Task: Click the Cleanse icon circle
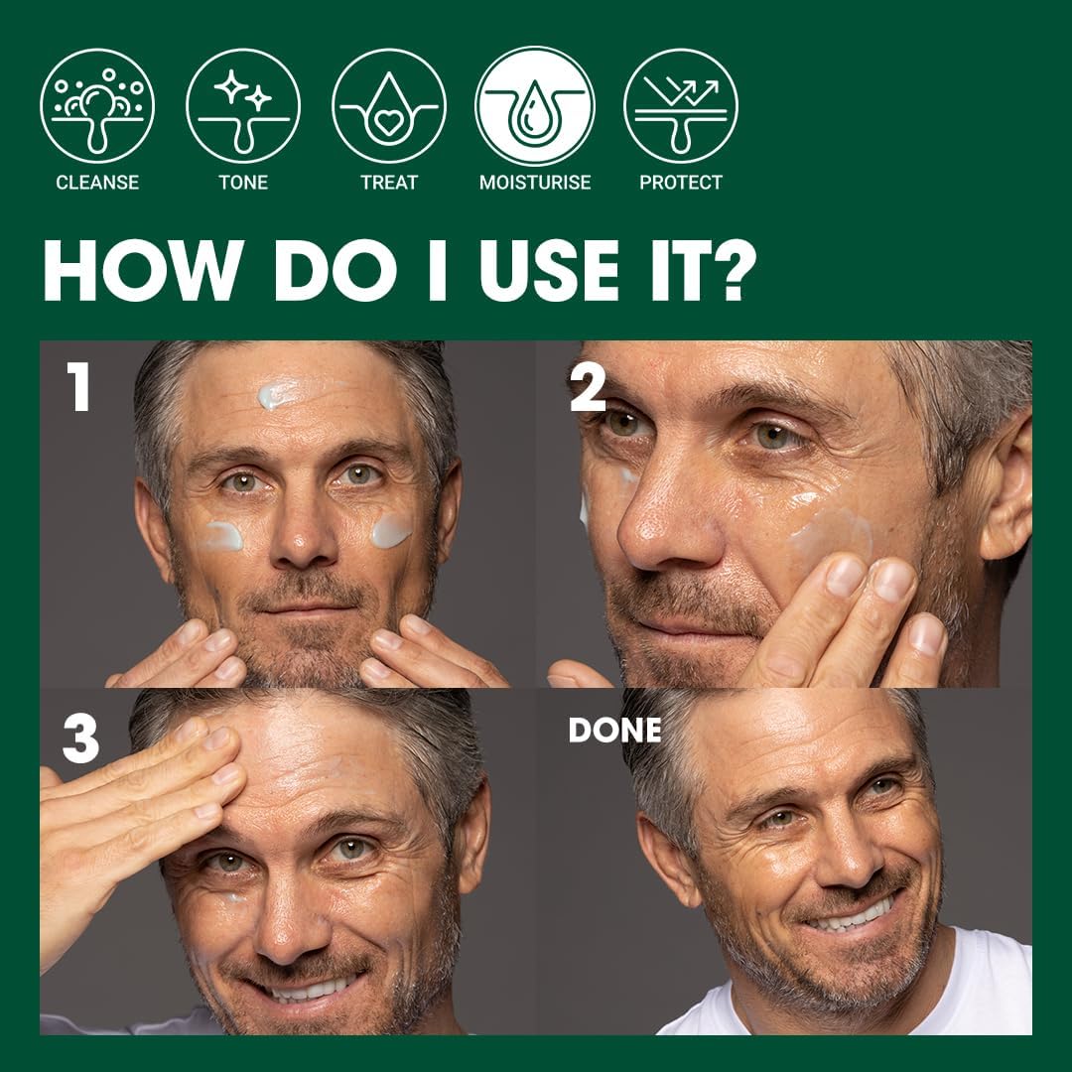[97, 106]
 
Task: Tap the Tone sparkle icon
[243, 106]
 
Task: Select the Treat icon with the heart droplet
[389, 106]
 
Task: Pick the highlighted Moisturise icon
[535, 106]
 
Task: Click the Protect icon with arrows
[681, 106]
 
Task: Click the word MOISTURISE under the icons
[535, 183]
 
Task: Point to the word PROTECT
[681, 183]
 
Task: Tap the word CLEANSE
[97, 183]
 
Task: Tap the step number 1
[78, 386]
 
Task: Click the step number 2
[588, 387]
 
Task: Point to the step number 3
[80, 739]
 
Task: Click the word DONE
[614, 731]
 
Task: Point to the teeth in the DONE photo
[852, 917]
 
